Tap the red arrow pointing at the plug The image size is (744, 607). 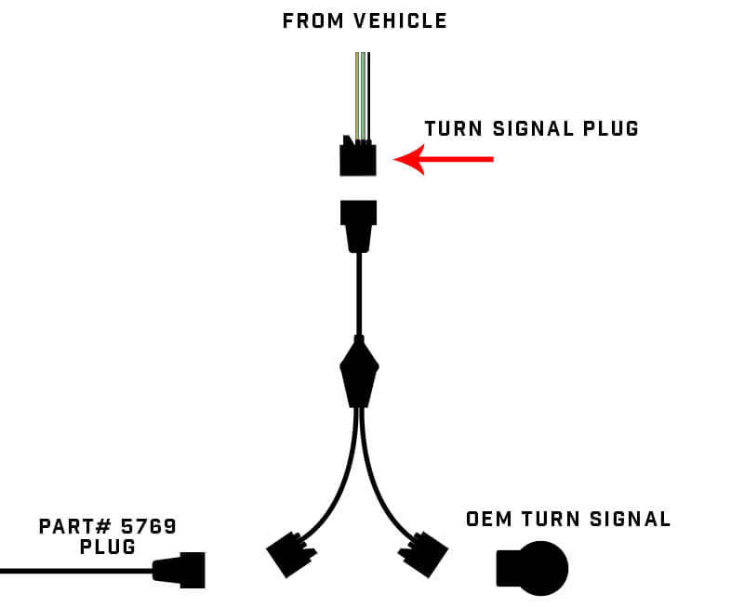444,160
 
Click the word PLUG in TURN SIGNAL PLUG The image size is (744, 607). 609,129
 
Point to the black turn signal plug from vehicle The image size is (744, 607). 358,159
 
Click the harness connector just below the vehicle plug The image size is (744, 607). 359,224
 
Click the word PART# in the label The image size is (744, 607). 72,527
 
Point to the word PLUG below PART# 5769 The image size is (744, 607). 108,548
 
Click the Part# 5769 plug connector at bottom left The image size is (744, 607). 181,569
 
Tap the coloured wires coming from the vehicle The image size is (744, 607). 362,93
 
